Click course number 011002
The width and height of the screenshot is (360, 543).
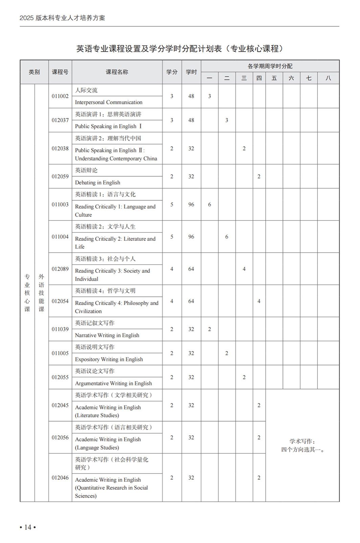tap(60, 96)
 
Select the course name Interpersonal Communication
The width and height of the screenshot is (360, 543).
tap(109, 102)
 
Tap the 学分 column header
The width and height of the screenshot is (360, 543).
tap(172, 72)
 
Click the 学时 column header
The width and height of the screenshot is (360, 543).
tap(191, 72)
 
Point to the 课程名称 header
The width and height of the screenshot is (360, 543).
tap(117, 72)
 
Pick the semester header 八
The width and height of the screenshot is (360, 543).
tap(328, 78)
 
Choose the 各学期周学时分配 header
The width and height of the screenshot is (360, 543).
tap(270, 66)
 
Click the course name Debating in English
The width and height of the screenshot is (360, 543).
tap(97, 182)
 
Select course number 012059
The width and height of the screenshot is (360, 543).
tap(60, 176)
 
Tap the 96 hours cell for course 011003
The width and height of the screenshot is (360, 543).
tap(191, 204)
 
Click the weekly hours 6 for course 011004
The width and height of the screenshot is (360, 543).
tap(227, 236)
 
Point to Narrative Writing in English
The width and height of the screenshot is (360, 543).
tap(107, 335)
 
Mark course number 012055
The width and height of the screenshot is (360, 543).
tap(60, 377)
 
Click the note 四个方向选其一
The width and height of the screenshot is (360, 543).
tap(302, 450)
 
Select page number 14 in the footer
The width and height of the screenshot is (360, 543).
tap(27, 527)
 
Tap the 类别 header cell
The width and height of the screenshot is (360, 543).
tap(34, 72)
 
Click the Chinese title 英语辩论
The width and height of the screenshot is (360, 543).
tap(86, 170)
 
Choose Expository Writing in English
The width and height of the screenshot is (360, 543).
tap(109, 359)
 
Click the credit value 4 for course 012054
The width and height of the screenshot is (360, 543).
tap(172, 301)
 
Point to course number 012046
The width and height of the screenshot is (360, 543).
tap(60, 478)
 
